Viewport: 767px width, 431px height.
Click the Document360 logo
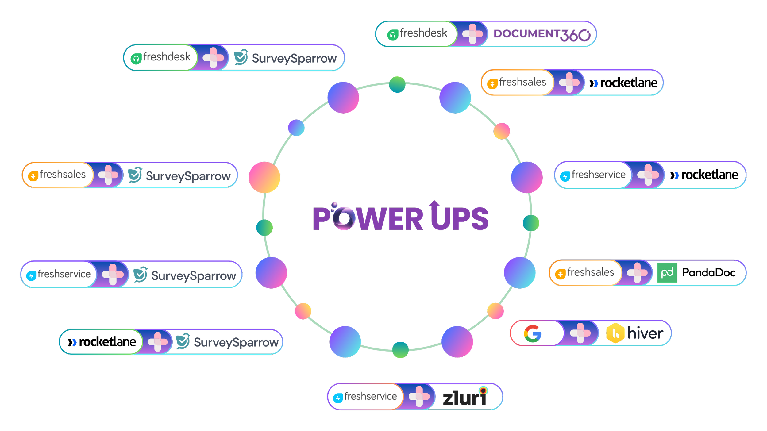[542, 34]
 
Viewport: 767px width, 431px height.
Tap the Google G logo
[533, 333]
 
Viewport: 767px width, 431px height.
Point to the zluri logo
[465, 398]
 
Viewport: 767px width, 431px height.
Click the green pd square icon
[667, 273]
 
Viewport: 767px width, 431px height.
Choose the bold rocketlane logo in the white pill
[102, 342]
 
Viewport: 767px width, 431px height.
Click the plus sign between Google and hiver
[580, 333]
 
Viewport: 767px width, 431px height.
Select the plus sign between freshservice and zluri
[419, 396]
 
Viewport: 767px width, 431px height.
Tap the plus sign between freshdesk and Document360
[472, 34]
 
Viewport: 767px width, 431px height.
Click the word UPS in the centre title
[459, 219]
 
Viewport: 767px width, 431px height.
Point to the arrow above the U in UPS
[434, 205]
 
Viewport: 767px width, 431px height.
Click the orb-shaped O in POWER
[344, 218]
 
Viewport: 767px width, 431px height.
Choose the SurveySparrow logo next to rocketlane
[228, 342]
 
